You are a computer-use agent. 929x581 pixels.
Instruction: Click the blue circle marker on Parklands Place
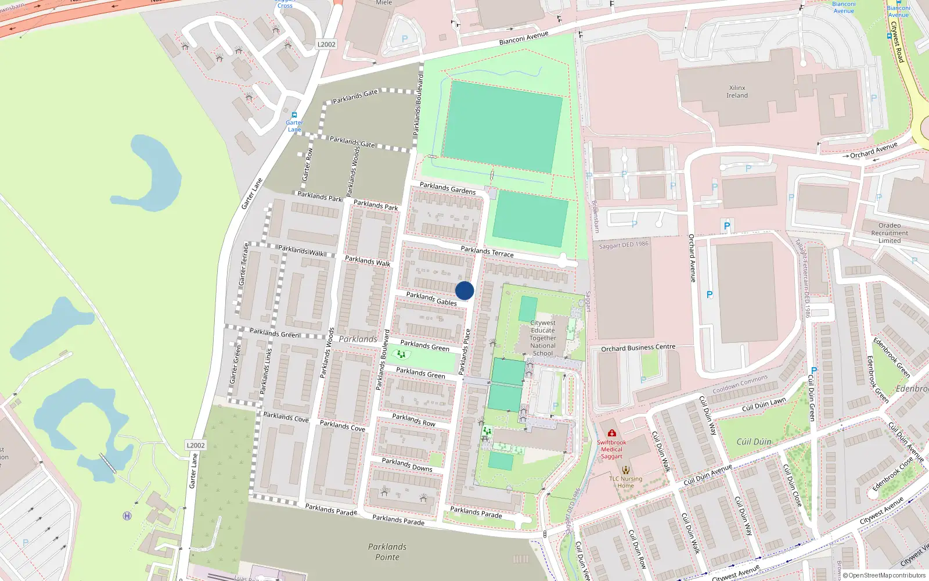coord(464,290)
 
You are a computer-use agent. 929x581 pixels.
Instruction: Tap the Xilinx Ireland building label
coord(737,92)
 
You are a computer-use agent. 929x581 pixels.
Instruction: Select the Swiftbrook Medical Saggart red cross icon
coord(611,433)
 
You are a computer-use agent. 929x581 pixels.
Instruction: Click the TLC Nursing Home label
coord(625,482)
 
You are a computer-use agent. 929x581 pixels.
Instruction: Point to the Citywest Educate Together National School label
coord(543,338)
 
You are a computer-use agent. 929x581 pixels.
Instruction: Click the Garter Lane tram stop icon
coord(294,115)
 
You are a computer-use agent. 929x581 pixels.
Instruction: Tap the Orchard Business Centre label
coord(638,348)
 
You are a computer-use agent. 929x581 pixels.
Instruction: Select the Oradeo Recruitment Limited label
coord(890,233)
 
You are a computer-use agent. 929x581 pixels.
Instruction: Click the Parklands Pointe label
coord(387,552)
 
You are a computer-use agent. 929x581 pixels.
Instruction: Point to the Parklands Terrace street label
coord(487,252)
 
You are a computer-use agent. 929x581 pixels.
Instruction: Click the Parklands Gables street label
coord(431,299)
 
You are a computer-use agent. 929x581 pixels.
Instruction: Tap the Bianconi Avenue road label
coord(524,38)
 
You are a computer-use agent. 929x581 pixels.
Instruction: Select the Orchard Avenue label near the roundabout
coord(873,150)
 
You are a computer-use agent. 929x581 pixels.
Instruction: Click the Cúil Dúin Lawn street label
coord(764,404)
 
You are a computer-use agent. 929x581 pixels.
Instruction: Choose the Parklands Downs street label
coord(407,464)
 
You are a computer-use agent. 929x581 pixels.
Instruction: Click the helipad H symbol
coord(127,516)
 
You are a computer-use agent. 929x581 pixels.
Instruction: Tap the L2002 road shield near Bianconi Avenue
coord(326,44)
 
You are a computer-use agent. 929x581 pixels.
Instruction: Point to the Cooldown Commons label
coord(740,384)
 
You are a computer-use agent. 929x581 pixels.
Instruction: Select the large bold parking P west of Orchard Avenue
coord(726,226)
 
